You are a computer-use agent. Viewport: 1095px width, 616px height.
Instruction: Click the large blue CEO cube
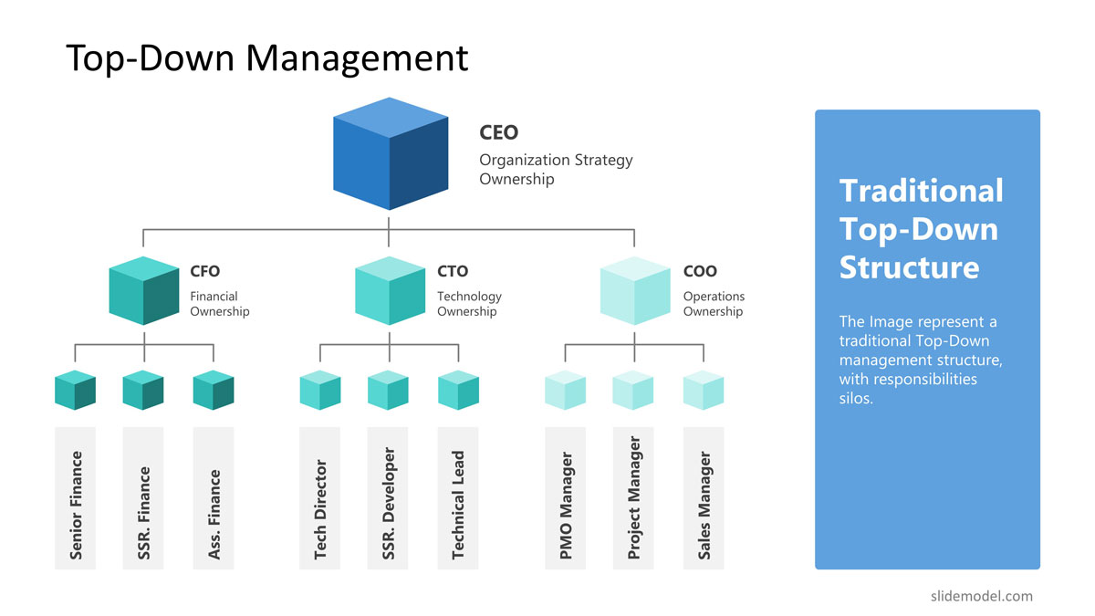click(x=391, y=153)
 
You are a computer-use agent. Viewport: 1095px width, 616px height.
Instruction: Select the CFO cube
click(x=144, y=290)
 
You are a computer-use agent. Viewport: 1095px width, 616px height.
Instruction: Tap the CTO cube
click(x=390, y=290)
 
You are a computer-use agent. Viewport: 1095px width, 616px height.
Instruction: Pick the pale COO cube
click(x=635, y=290)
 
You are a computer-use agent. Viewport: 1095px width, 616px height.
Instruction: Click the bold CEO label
click(x=498, y=132)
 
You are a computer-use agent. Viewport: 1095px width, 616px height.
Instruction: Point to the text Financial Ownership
click(x=220, y=304)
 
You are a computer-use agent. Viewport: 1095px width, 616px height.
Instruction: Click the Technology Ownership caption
click(x=469, y=304)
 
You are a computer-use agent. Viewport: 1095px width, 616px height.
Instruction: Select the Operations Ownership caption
click(x=714, y=304)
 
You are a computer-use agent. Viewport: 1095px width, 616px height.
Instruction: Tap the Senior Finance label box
click(x=75, y=498)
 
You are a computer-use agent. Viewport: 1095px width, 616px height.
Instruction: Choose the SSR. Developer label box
click(x=388, y=498)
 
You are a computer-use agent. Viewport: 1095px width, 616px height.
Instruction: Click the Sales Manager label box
click(x=704, y=498)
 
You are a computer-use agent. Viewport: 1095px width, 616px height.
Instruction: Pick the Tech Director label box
click(x=319, y=498)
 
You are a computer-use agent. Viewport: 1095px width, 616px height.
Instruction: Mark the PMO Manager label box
click(x=566, y=498)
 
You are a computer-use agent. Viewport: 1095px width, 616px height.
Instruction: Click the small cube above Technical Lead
click(x=458, y=390)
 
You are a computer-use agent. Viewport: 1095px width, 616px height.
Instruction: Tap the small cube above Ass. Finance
click(x=214, y=390)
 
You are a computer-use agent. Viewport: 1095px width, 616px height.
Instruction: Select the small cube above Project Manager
click(x=633, y=390)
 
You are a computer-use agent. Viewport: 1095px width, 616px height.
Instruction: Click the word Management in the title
click(x=357, y=59)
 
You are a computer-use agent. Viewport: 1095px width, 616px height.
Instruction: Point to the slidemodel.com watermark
click(x=982, y=597)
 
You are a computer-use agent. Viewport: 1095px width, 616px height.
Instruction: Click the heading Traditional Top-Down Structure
click(x=921, y=229)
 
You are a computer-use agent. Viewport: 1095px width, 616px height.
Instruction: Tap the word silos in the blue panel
click(x=856, y=399)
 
